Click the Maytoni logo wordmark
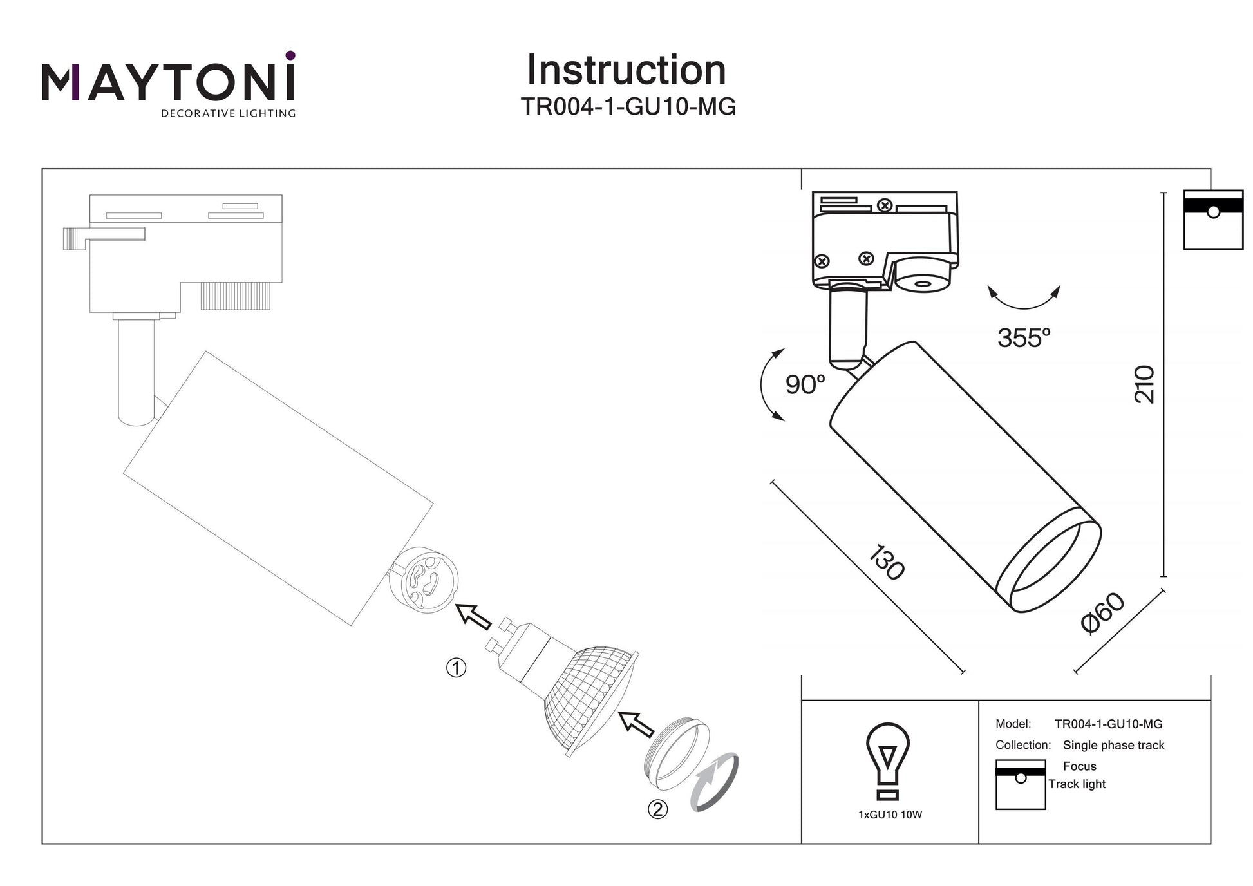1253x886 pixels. coord(168,84)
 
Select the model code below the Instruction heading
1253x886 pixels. coord(628,107)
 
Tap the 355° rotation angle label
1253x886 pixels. coord(1023,338)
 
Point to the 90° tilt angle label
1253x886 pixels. coord(805,385)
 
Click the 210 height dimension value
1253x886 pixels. coord(1144,384)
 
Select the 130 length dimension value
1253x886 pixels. coord(887,562)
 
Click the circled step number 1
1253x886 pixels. coord(456,668)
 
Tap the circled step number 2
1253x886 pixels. coord(657,809)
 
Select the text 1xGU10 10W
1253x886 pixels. coord(890,815)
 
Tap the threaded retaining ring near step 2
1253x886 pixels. coord(677,753)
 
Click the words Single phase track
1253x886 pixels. coord(1113,746)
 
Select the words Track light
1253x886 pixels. coord(1077,784)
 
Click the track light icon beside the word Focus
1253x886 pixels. coord(1020,784)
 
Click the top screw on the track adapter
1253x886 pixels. coord(885,205)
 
